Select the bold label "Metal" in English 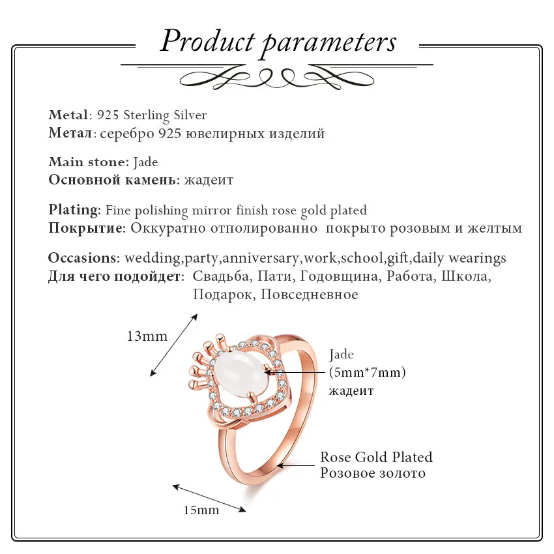point(68,115)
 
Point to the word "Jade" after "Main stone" point(145,162)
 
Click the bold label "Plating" point(74,210)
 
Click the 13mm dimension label point(147,336)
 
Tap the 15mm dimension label point(201,510)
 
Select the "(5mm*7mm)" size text point(368,373)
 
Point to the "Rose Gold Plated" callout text point(376,457)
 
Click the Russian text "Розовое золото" point(372,473)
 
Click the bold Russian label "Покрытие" point(87,228)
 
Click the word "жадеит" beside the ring point(351,391)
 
